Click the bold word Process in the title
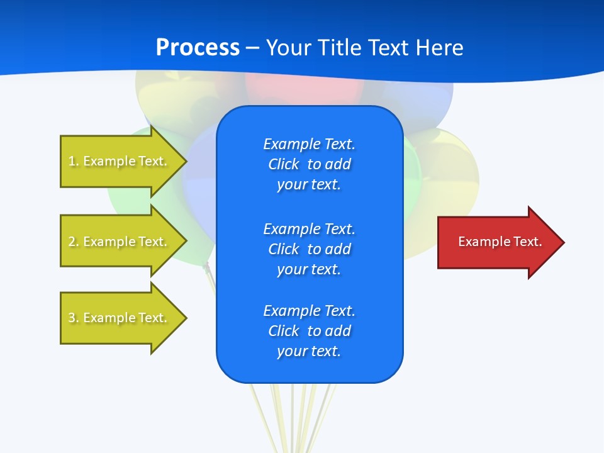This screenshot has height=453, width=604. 198,48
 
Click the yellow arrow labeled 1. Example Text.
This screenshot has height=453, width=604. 120,161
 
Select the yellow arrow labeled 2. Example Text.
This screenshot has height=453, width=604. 120,242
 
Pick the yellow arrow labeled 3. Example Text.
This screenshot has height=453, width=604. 120,318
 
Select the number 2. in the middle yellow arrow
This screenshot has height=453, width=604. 74,242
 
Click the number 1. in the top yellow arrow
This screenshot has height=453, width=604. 74,161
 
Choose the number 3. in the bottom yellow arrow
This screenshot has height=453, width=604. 74,318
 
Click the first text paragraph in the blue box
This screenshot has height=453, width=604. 309,164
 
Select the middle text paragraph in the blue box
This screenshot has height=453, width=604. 309,249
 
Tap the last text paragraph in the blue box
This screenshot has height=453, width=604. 309,331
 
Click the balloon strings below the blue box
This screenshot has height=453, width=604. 296,415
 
